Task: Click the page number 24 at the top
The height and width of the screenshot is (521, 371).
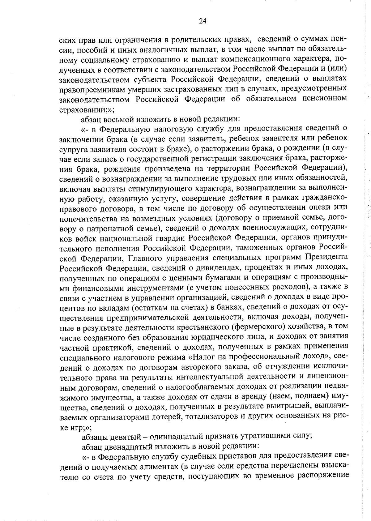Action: [x=203, y=21]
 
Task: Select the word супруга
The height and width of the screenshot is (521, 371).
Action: [x=73, y=149]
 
